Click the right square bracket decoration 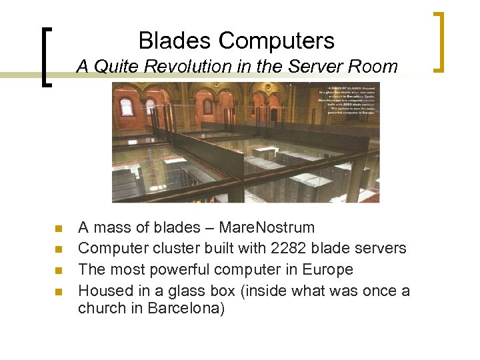click(439, 41)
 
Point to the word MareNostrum click(267, 227)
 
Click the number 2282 click(290, 248)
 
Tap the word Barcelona click(187, 308)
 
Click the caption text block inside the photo click(351, 99)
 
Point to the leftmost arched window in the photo click(125, 106)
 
